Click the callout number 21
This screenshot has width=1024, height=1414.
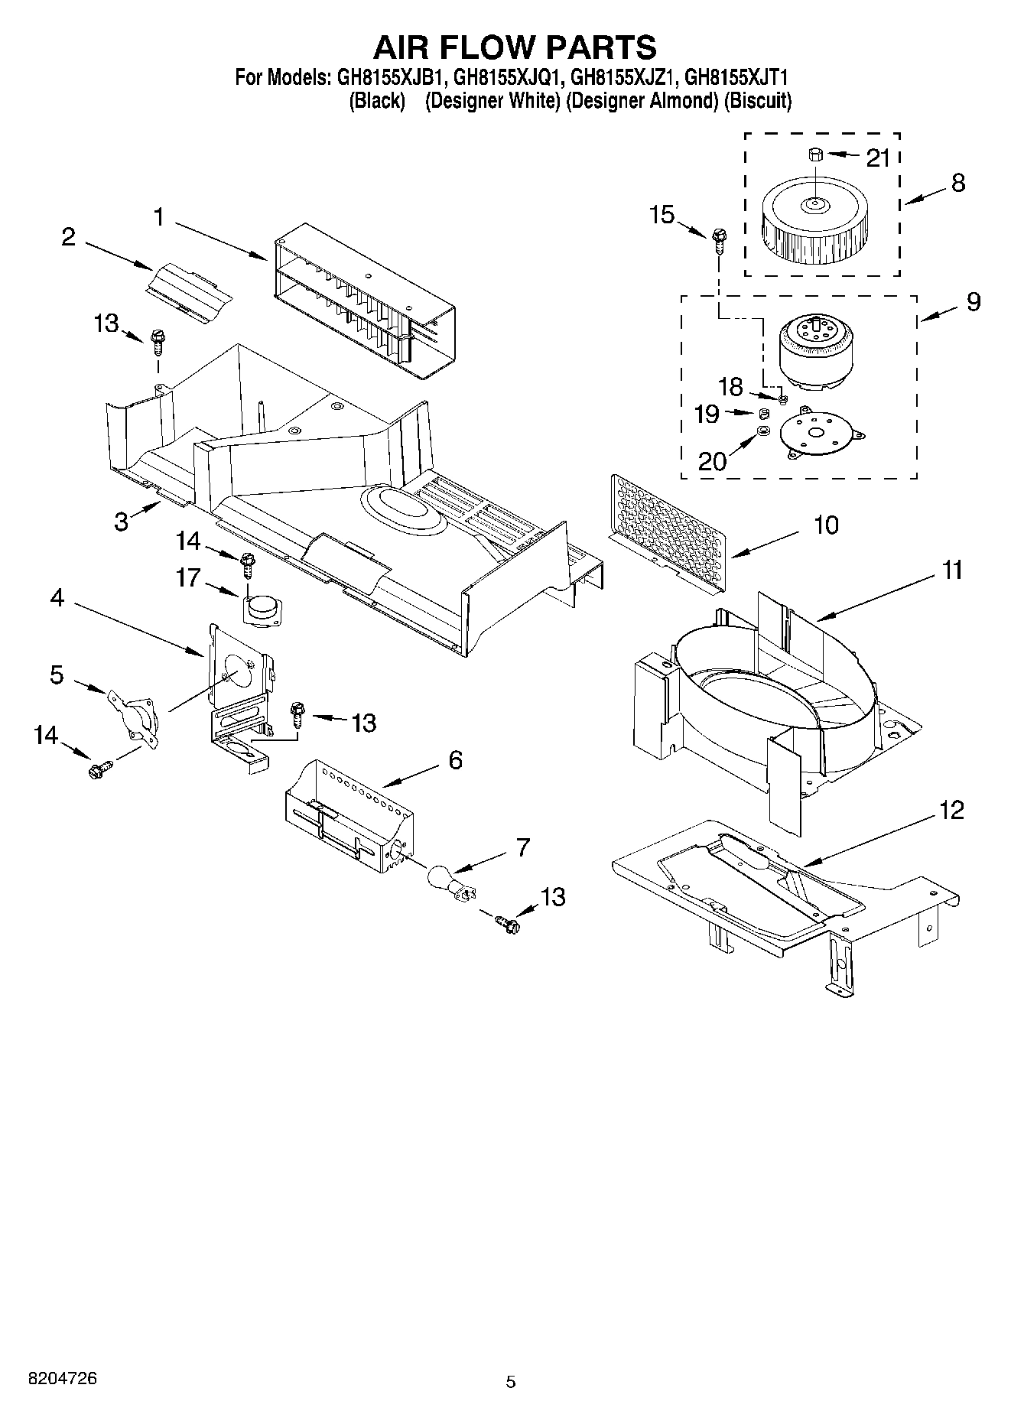click(879, 158)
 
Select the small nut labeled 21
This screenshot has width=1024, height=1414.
click(814, 155)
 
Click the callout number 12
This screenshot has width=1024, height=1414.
click(951, 811)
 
